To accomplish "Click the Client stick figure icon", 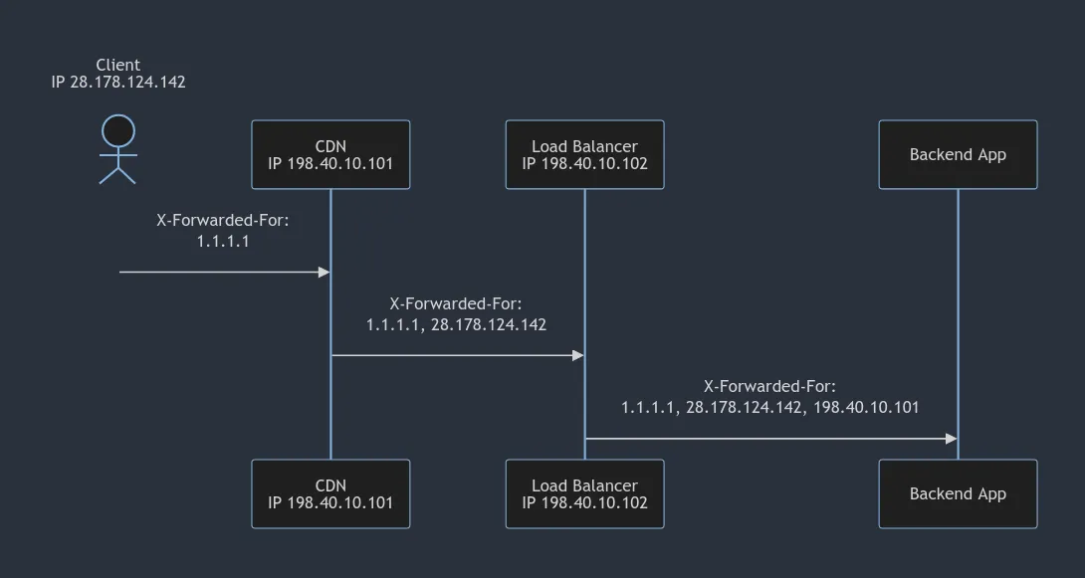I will pyautogui.click(x=117, y=150).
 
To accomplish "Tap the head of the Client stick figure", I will pyautogui.click(x=117, y=131).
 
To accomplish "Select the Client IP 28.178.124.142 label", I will pyautogui.click(x=118, y=83).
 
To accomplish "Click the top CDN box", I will pyautogui.click(x=330, y=154).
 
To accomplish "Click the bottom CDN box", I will pyautogui.click(x=330, y=493).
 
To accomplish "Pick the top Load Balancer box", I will pyautogui.click(x=584, y=154).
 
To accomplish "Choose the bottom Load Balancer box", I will pyautogui.click(x=584, y=493).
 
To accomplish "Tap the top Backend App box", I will pyautogui.click(x=958, y=154).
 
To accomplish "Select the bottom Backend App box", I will pyautogui.click(x=958, y=493).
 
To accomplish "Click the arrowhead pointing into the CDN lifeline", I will pyautogui.click(x=324, y=272).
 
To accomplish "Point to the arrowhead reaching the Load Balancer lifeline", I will pyautogui.click(x=577, y=355).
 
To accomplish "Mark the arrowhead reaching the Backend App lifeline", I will pyautogui.click(x=951, y=439).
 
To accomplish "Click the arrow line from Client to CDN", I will pyautogui.click(x=219, y=272).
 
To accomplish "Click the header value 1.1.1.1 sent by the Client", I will pyautogui.click(x=223, y=241).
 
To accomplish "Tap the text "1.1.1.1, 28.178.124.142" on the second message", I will pyautogui.click(x=456, y=324).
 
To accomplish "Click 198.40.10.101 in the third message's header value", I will pyautogui.click(x=866, y=407).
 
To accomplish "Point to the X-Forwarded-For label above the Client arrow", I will pyautogui.click(x=223, y=221).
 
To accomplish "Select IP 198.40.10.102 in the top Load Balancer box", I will pyautogui.click(x=584, y=163).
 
